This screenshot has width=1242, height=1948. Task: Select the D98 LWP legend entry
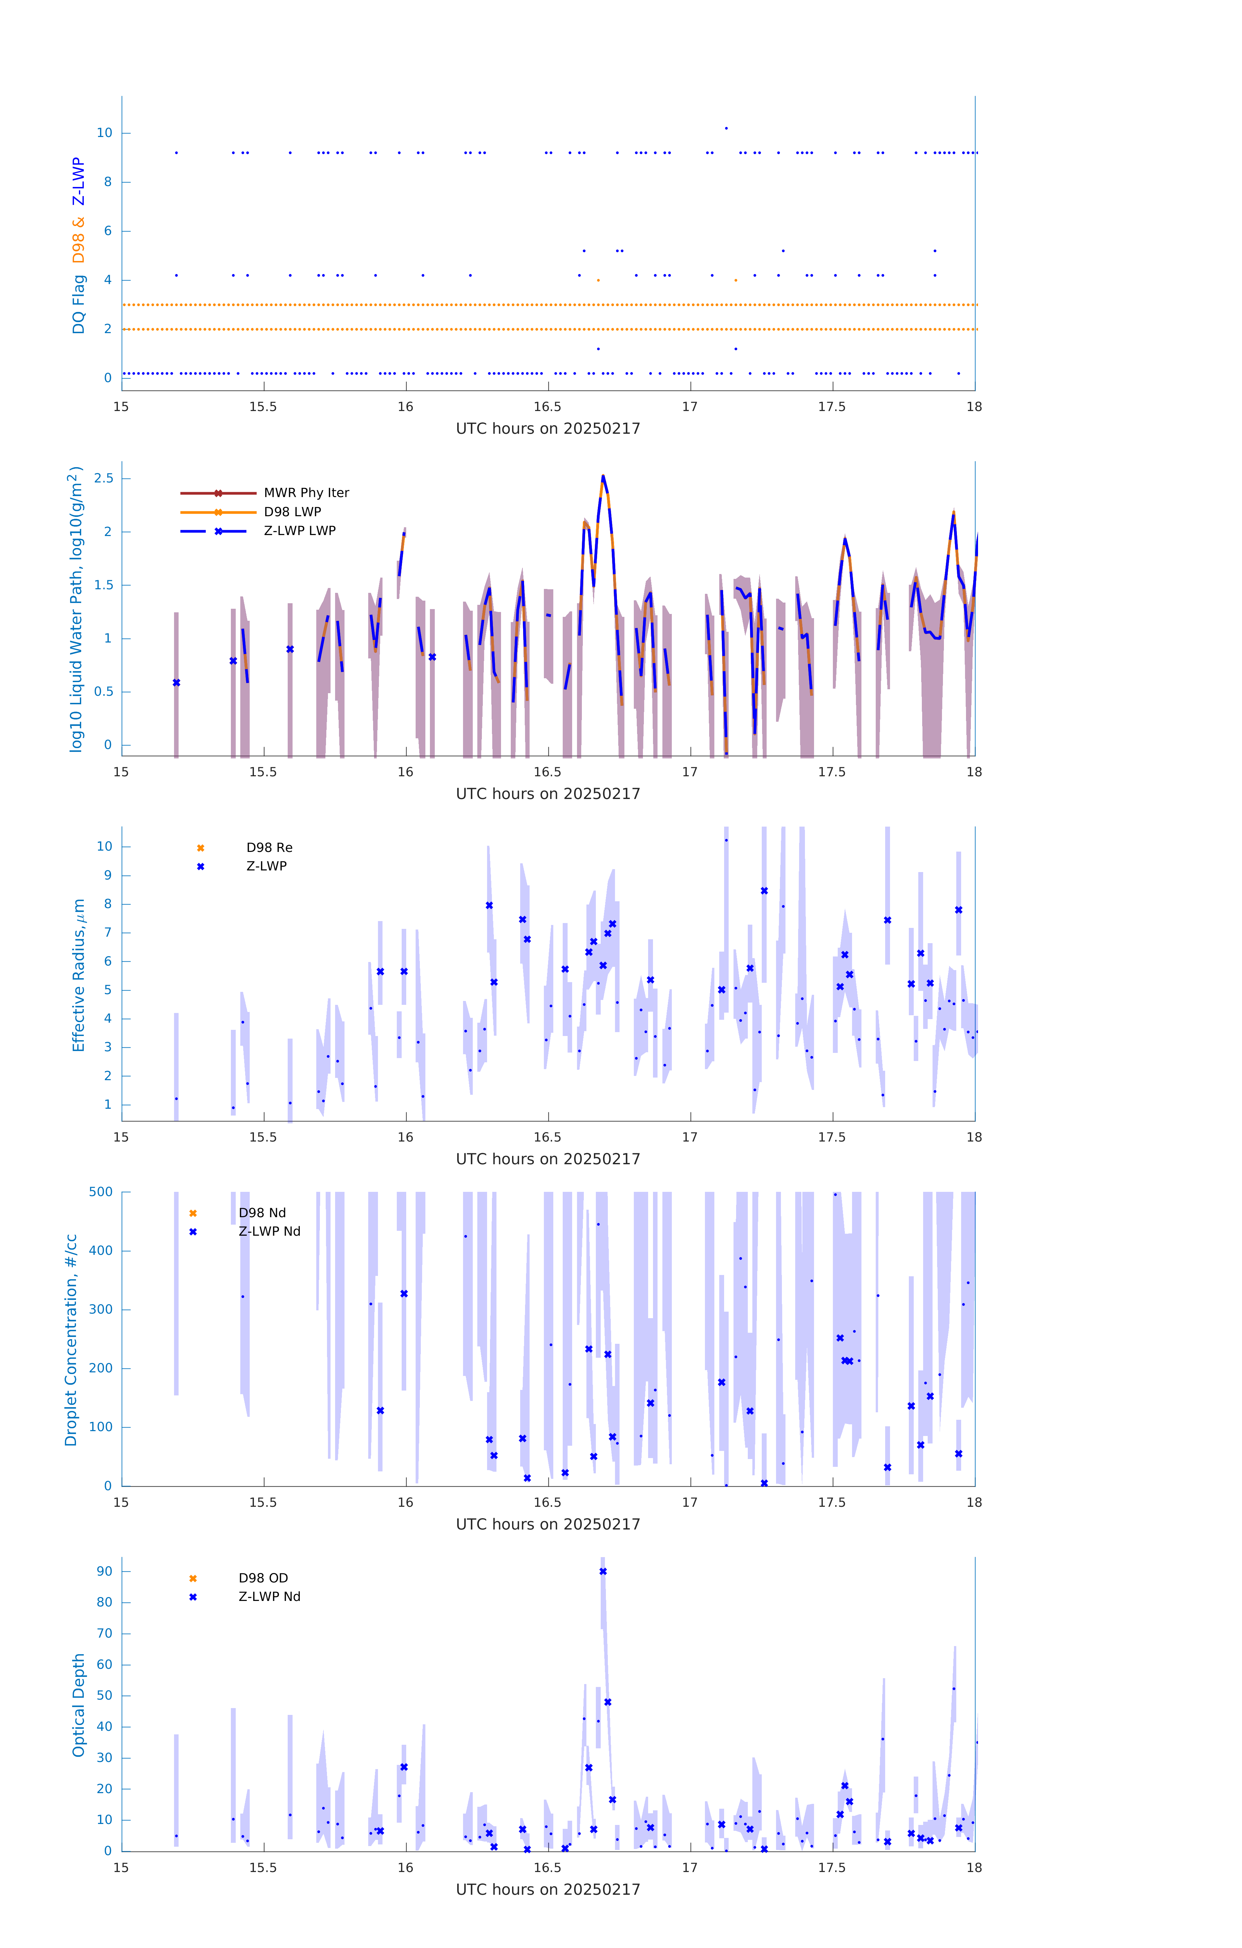coord(292,512)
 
